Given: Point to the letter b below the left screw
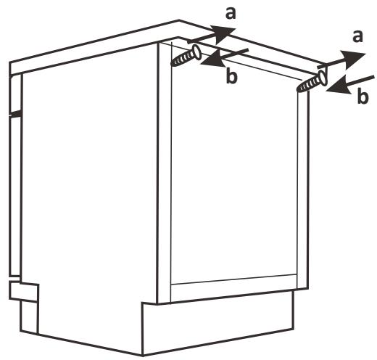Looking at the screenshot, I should [231, 75].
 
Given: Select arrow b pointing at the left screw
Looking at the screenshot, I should [225, 57].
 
